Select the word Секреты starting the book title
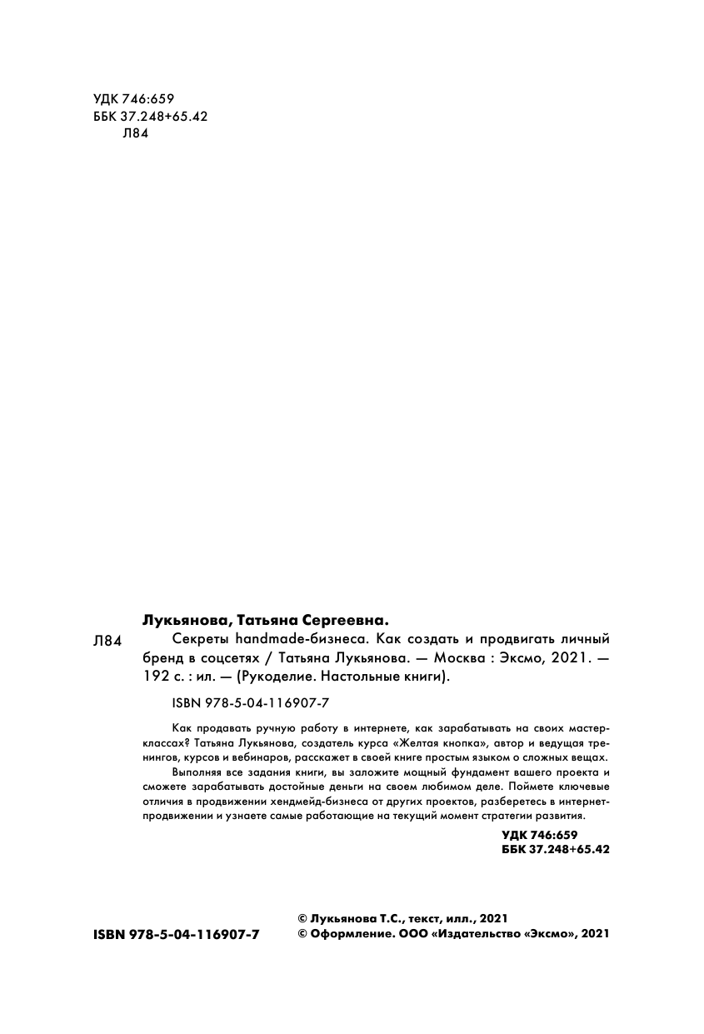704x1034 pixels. click(197, 640)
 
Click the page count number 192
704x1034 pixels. click(157, 677)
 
